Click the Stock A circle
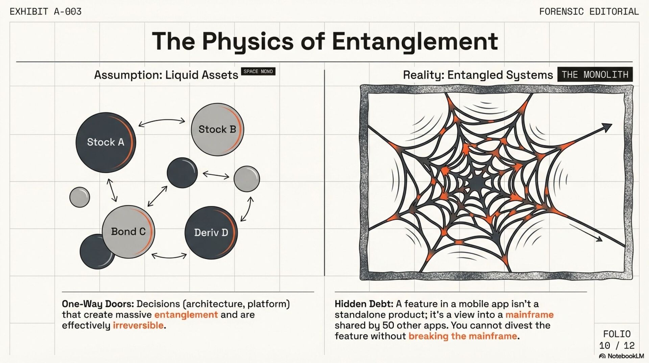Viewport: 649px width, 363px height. coord(105,142)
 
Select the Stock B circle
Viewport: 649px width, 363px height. coord(217,129)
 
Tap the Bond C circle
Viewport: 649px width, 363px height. coord(128,232)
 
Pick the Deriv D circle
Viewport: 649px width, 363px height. coord(211,233)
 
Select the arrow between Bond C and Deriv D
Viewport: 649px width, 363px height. coord(169,256)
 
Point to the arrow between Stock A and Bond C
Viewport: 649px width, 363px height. coord(112,190)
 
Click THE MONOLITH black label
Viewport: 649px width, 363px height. coord(595,74)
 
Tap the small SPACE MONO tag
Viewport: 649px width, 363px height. coord(258,71)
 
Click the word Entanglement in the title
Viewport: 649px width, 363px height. coord(415,41)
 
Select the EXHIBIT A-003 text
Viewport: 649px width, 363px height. coord(46,12)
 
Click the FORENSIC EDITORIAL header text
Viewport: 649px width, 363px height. coord(589,12)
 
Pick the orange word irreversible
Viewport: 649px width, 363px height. coord(138,325)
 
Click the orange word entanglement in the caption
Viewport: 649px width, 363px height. coord(186,315)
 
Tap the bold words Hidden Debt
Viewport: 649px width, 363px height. coord(364,304)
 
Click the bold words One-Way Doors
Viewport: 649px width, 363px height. coord(98,304)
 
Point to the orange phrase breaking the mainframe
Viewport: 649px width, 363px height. coord(463,336)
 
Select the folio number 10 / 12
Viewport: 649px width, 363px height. coord(617,345)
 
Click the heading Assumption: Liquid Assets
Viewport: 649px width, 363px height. coord(166,75)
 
